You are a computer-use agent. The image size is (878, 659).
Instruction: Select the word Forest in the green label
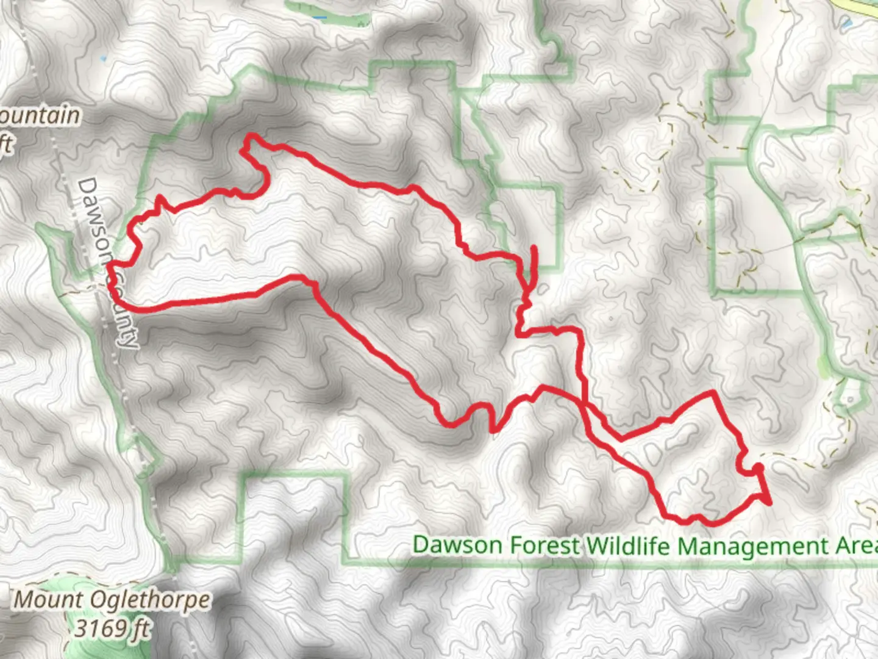(x=541, y=545)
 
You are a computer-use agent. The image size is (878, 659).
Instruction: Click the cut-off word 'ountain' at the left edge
(x=40, y=116)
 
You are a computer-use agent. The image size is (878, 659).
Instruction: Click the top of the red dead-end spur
(x=534, y=248)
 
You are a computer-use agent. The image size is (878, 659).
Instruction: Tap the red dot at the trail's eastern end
(x=758, y=468)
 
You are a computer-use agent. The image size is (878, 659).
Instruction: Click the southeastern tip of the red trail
(x=769, y=503)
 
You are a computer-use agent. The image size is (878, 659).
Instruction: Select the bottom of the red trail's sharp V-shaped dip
(x=493, y=431)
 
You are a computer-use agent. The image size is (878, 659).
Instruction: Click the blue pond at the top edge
(x=318, y=17)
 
